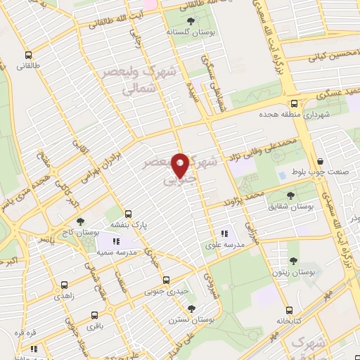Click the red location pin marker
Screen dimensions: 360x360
tap(181, 165)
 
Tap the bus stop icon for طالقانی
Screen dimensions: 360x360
tap(28, 54)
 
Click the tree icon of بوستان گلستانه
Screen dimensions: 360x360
tap(191, 21)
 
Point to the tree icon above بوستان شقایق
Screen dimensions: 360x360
tap(290, 195)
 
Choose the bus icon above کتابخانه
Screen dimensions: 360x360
tap(289, 310)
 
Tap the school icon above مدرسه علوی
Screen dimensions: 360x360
tap(224, 233)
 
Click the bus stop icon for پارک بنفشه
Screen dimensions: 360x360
tap(128, 213)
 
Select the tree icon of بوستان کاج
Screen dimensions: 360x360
tap(79, 221)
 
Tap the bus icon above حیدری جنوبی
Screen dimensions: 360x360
tap(166, 279)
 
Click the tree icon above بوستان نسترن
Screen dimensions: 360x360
tap(191, 308)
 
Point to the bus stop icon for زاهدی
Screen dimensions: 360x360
tap(65, 285)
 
